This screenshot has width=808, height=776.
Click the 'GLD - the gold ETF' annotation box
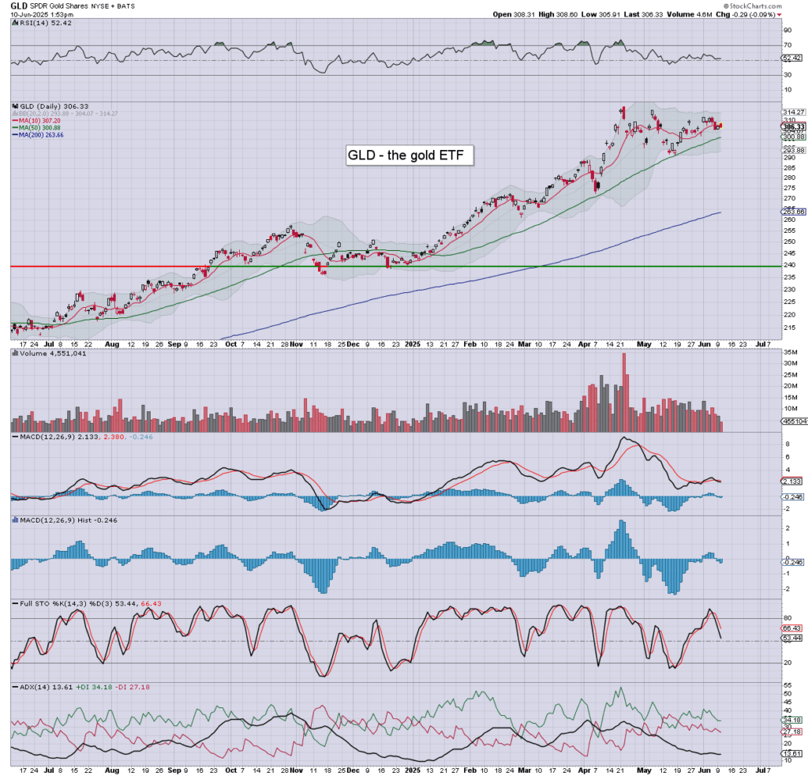(410, 156)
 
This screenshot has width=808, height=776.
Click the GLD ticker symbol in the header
(18, 5)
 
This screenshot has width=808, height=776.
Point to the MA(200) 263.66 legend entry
(40, 135)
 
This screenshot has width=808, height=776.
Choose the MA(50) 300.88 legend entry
(39, 128)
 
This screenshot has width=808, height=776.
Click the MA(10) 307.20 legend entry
(39, 121)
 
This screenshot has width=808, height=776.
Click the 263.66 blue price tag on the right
(793, 212)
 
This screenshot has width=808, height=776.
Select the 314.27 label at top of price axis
(793, 112)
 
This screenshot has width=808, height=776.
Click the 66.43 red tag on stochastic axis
(793, 628)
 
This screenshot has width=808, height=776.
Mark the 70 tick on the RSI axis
(787, 45)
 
